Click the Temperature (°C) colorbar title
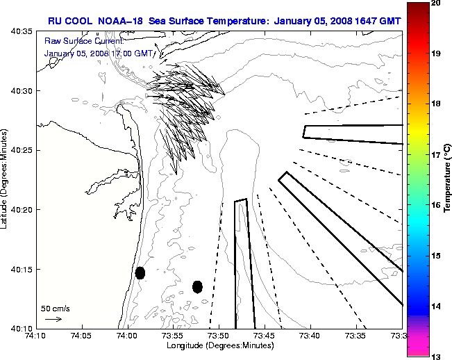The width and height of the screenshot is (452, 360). point(448,180)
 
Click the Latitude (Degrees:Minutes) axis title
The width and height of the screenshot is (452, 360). point(5,180)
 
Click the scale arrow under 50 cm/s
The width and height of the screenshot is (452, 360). point(53,319)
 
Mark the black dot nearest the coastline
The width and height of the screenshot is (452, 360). point(140,272)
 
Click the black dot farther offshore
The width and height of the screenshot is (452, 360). point(197,286)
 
